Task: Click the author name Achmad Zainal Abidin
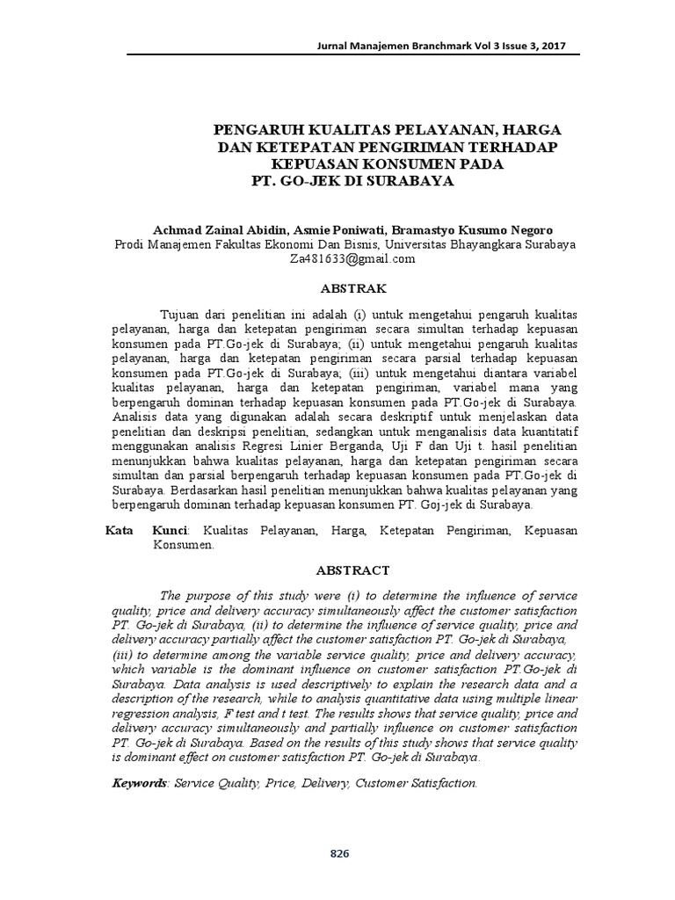pyautogui.click(x=210, y=229)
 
